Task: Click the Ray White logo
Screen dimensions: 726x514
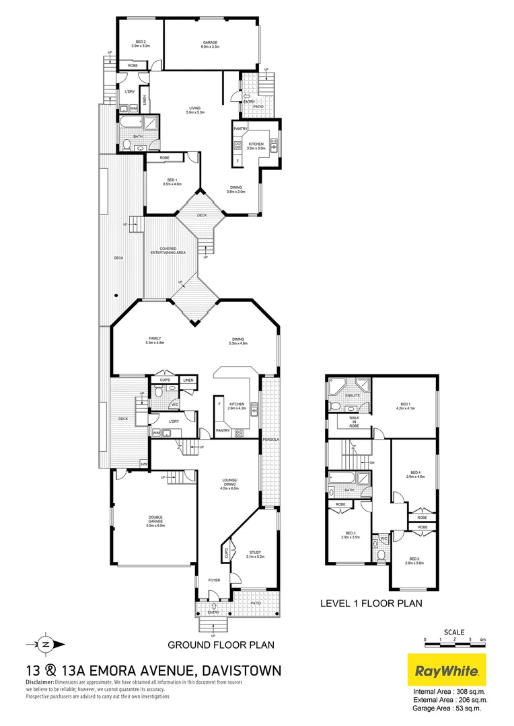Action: tap(447, 670)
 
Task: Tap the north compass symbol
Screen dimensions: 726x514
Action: tap(44, 643)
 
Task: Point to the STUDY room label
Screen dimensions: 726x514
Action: tap(255, 553)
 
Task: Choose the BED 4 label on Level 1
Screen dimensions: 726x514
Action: tap(415, 474)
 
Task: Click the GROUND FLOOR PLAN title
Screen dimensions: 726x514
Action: tap(221, 645)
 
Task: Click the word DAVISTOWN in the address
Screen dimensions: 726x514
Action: tap(238, 670)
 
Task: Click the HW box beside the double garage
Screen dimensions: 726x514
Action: tap(143, 463)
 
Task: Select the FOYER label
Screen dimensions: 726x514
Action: tap(214, 579)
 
